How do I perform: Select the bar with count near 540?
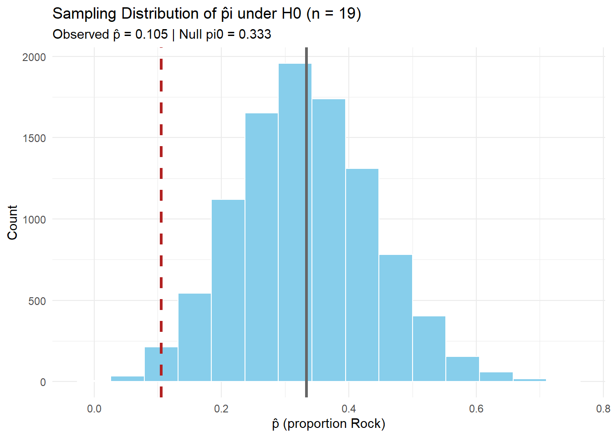(194, 337)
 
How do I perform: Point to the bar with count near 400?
(429, 349)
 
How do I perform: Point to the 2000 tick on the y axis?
(34, 57)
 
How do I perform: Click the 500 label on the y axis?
(37, 301)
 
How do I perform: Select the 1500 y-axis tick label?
(34, 138)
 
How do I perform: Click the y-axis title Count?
(12, 222)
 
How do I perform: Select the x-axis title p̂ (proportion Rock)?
(328, 424)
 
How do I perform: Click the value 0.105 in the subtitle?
(151, 34)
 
